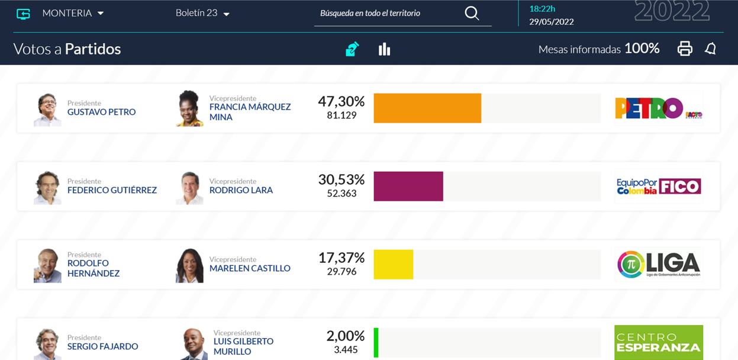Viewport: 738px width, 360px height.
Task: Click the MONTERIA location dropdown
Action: pyautogui.click(x=73, y=13)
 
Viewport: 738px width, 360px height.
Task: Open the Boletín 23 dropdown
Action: pyautogui.click(x=202, y=13)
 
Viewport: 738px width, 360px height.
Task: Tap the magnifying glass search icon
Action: pyautogui.click(x=472, y=14)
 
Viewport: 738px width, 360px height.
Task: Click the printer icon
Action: pyautogui.click(x=685, y=49)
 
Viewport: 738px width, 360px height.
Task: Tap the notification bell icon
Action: pyautogui.click(x=711, y=49)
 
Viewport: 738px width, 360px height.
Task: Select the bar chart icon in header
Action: pyautogui.click(x=384, y=49)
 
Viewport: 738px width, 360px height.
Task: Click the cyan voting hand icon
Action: pyautogui.click(x=352, y=49)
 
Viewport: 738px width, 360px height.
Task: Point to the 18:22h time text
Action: pyautogui.click(x=542, y=9)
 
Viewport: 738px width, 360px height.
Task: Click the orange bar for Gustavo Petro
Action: pyautogui.click(x=427, y=108)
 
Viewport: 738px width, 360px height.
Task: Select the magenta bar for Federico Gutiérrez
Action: pyautogui.click(x=408, y=187)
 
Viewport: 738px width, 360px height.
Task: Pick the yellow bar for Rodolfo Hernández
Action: pyautogui.click(x=394, y=265)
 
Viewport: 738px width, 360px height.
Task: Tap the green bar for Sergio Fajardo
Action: pyautogui.click(x=376, y=342)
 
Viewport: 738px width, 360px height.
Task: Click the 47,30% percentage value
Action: pyautogui.click(x=341, y=101)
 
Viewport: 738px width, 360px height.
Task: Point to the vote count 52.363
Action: pyautogui.click(x=341, y=193)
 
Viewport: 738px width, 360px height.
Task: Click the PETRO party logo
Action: pyautogui.click(x=659, y=108)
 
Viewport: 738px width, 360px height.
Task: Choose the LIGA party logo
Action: pyautogui.click(x=659, y=265)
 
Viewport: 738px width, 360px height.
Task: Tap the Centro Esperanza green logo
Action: pyautogui.click(x=659, y=342)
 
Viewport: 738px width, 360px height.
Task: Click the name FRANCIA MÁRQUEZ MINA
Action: pyautogui.click(x=250, y=112)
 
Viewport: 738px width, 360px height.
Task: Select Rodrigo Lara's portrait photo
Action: pyautogui.click(x=189, y=188)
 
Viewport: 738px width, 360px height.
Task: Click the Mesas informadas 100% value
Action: pyautogui.click(x=642, y=49)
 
